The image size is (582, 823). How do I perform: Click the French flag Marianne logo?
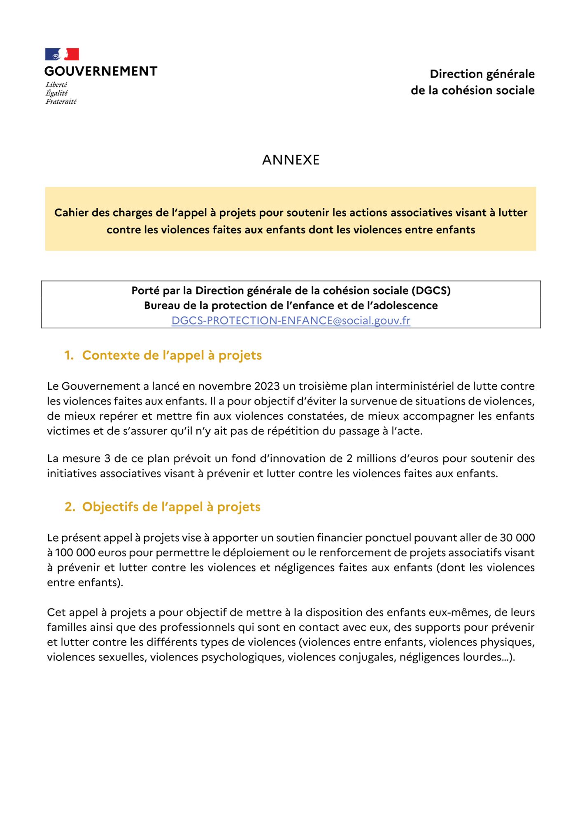[62, 54]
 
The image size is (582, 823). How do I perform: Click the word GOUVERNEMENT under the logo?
[101, 72]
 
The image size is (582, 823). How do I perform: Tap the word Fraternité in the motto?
[61, 102]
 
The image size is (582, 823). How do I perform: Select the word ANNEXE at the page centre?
[291, 160]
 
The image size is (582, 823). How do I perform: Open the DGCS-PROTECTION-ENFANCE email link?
[291, 321]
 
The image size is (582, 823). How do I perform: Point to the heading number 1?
[69, 356]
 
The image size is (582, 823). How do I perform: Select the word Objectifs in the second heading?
[110, 507]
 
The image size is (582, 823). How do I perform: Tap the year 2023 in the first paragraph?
[267, 386]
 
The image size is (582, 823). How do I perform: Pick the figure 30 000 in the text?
[517, 538]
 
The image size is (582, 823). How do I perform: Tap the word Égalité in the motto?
[56, 93]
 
